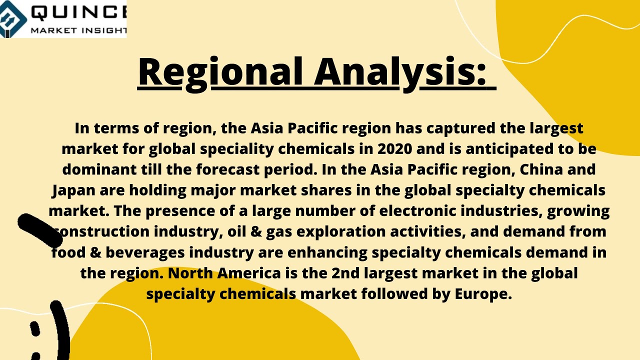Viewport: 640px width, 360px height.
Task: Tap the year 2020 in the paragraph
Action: click(x=395, y=149)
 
